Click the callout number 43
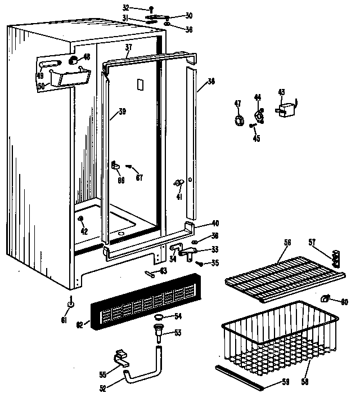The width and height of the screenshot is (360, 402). point(281,92)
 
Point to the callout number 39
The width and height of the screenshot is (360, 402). point(121,112)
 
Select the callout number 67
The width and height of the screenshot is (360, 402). point(139,177)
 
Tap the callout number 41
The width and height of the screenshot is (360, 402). point(179,197)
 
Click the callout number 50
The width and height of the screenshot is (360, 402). point(40,86)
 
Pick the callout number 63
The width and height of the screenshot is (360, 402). point(163,271)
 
